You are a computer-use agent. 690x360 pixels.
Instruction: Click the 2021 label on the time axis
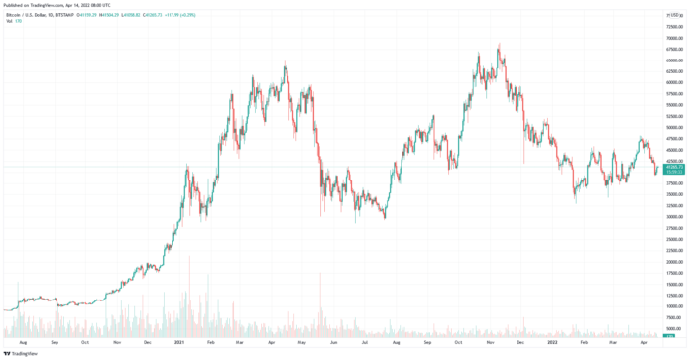pyautogui.click(x=179, y=341)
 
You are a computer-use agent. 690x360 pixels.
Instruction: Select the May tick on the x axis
pyautogui.click(x=302, y=341)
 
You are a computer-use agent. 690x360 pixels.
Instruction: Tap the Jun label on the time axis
pyautogui.click(x=333, y=341)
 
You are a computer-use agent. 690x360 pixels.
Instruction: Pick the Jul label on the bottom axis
pyautogui.click(x=364, y=341)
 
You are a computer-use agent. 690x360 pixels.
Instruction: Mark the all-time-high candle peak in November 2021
pyautogui.click(x=499, y=43)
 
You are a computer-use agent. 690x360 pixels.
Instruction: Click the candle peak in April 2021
pyautogui.click(x=286, y=64)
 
